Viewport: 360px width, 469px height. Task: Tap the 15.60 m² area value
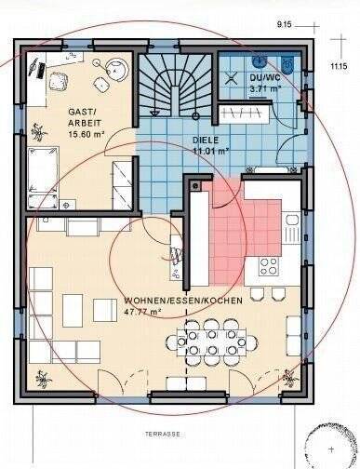89,133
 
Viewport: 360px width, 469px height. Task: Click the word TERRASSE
163,434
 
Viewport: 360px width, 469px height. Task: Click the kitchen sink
292,224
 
